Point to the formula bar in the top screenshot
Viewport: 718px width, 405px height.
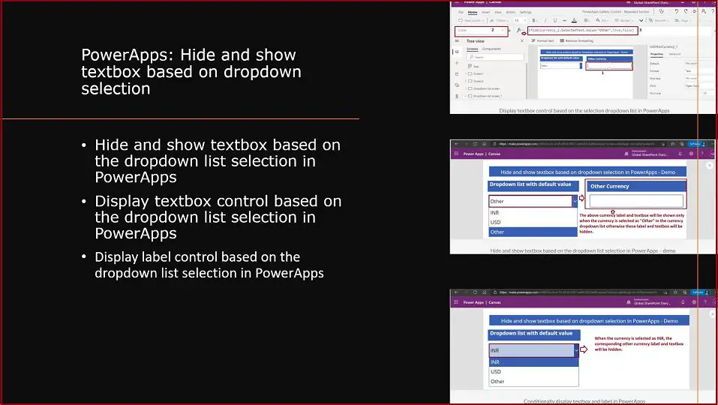pyautogui.click(x=582, y=30)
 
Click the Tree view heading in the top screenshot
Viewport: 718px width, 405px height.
pyautogui.click(x=476, y=41)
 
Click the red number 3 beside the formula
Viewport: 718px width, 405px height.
pyautogui.click(x=641, y=29)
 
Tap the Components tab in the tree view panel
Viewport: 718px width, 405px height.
pyautogui.click(x=491, y=49)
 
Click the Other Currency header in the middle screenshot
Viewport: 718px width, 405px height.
pyautogui.click(x=609, y=186)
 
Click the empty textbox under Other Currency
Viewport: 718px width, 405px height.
pyautogui.click(x=635, y=201)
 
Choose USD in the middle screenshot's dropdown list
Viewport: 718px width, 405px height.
pyautogui.click(x=495, y=222)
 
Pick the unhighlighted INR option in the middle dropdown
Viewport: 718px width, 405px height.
pyautogui.click(x=495, y=212)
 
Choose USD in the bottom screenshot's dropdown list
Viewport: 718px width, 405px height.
pyautogui.click(x=495, y=371)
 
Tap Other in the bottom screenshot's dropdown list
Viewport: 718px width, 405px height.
pyautogui.click(x=497, y=381)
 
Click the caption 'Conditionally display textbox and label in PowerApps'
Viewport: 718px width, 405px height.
pyautogui.click(x=584, y=401)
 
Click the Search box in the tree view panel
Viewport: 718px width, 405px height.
pyautogui.click(x=488, y=56)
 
